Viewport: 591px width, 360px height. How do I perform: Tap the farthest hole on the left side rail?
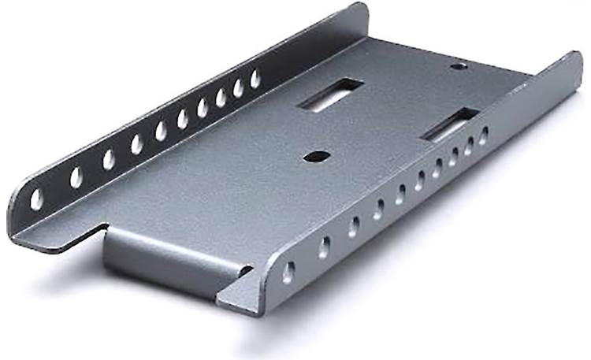click(x=255, y=79)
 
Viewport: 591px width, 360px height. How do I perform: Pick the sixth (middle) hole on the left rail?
click(x=182, y=119)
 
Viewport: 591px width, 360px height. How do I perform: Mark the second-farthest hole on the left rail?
click(x=239, y=87)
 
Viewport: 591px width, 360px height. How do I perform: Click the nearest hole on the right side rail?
click(x=289, y=272)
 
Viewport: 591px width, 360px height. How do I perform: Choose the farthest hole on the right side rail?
click(x=483, y=135)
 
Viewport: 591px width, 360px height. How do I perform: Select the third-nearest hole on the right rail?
click(x=354, y=227)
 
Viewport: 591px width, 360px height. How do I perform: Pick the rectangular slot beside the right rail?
click(x=450, y=124)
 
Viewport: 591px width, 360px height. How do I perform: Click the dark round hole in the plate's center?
click(x=315, y=157)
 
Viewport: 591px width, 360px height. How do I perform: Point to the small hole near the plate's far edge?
click(x=457, y=66)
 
